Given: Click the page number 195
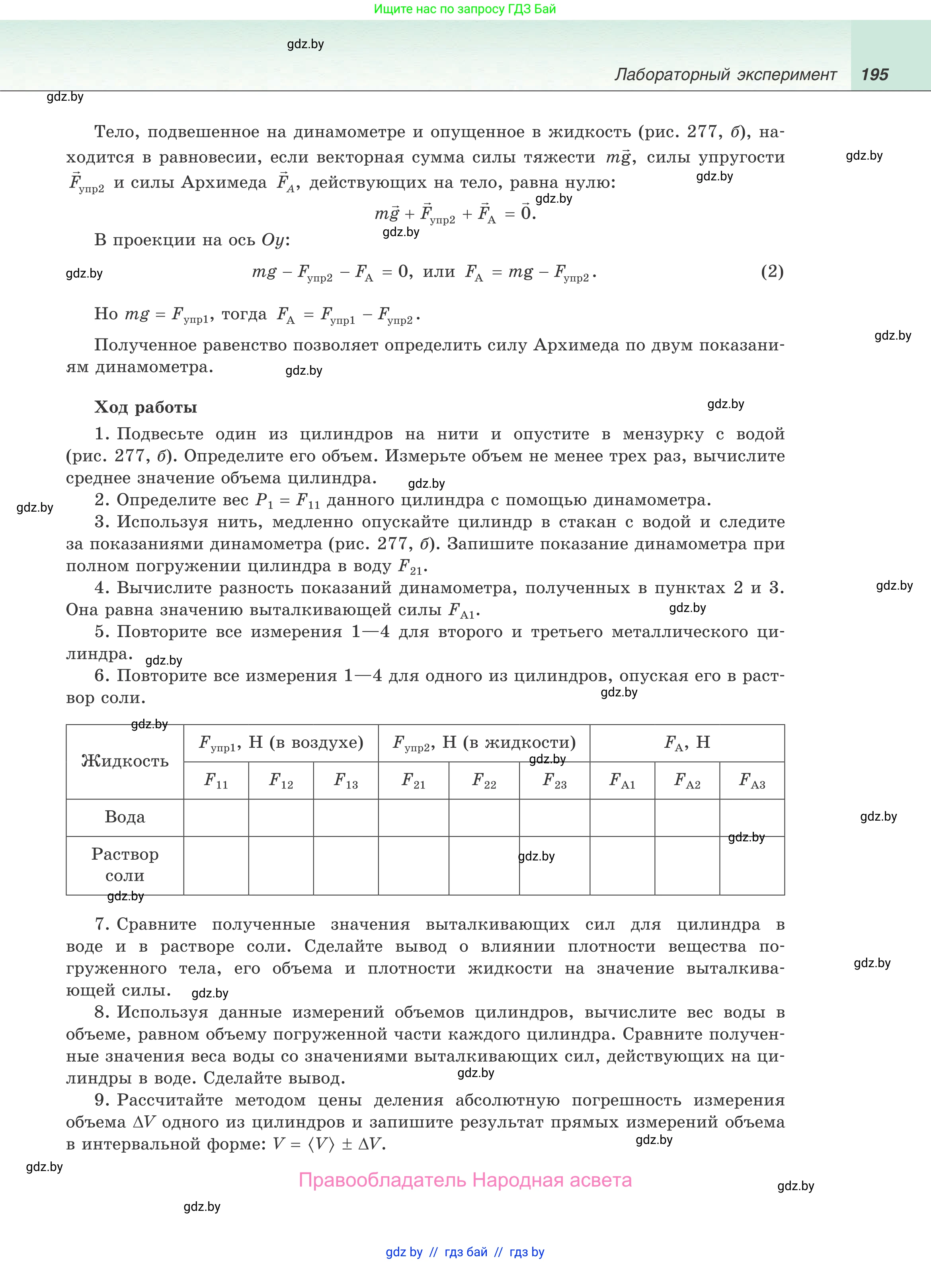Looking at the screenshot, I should [x=874, y=74].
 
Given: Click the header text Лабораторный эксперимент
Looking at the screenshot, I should [x=725, y=74].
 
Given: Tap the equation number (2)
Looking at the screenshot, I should [x=772, y=272].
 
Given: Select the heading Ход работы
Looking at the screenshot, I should [x=145, y=407].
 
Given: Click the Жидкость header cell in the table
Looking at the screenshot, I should [x=125, y=761].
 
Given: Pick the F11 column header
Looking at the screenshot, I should [x=216, y=780].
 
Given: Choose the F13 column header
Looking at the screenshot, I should [x=345, y=780].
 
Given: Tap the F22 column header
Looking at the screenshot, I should [x=484, y=780].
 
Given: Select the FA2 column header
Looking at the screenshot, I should [x=687, y=780].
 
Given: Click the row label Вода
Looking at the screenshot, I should [x=125, y=817].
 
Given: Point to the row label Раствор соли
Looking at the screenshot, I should [x=125, y=865].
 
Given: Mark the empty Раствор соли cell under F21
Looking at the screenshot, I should [x=414, y=866].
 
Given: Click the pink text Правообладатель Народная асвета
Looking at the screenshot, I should [x=465, y=1180].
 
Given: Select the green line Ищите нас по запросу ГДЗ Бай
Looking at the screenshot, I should [x=465, y=9].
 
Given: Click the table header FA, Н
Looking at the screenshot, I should [x=687, y=743].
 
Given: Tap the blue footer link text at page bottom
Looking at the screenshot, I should [x=465, y=1252].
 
